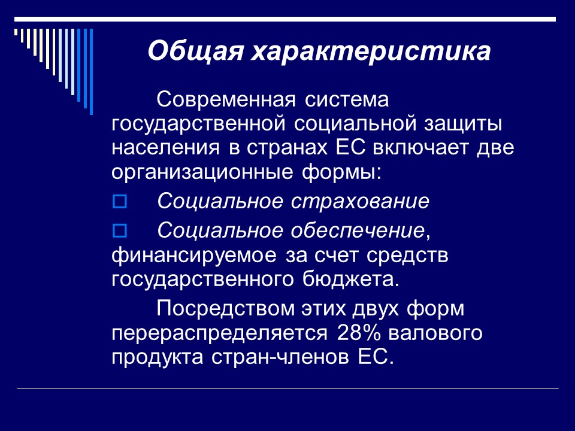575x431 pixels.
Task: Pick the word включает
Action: pos(429,148)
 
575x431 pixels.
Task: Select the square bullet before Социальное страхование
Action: pos(119,202)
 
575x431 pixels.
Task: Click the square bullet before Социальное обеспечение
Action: pos(119,230)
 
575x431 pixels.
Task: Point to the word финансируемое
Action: pos(190,255)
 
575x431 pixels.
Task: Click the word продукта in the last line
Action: pos(159,357)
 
